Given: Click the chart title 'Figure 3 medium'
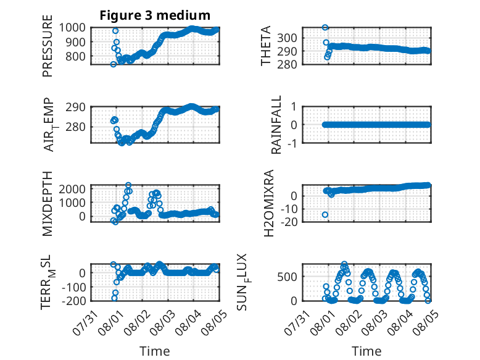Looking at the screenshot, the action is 155,15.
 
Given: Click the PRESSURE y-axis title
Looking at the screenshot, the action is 48,46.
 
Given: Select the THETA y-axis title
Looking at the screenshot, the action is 266,46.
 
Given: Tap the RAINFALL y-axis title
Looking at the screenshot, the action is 276,125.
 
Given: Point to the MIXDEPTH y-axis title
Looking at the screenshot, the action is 48,204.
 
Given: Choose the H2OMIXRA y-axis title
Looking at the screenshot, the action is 268,203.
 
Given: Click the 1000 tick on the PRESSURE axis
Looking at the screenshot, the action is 72,28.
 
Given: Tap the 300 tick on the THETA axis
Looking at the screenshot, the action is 287,38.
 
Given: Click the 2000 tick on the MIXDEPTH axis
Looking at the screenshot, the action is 72,189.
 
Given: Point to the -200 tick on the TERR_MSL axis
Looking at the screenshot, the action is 74,301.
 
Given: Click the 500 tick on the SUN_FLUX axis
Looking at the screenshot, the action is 287,277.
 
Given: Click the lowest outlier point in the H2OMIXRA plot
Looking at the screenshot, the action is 325,215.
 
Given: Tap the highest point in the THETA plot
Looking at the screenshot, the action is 325,28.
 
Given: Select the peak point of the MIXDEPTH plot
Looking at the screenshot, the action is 128,185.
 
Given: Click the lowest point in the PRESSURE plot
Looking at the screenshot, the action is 114,64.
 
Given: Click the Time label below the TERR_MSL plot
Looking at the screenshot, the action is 155,351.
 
